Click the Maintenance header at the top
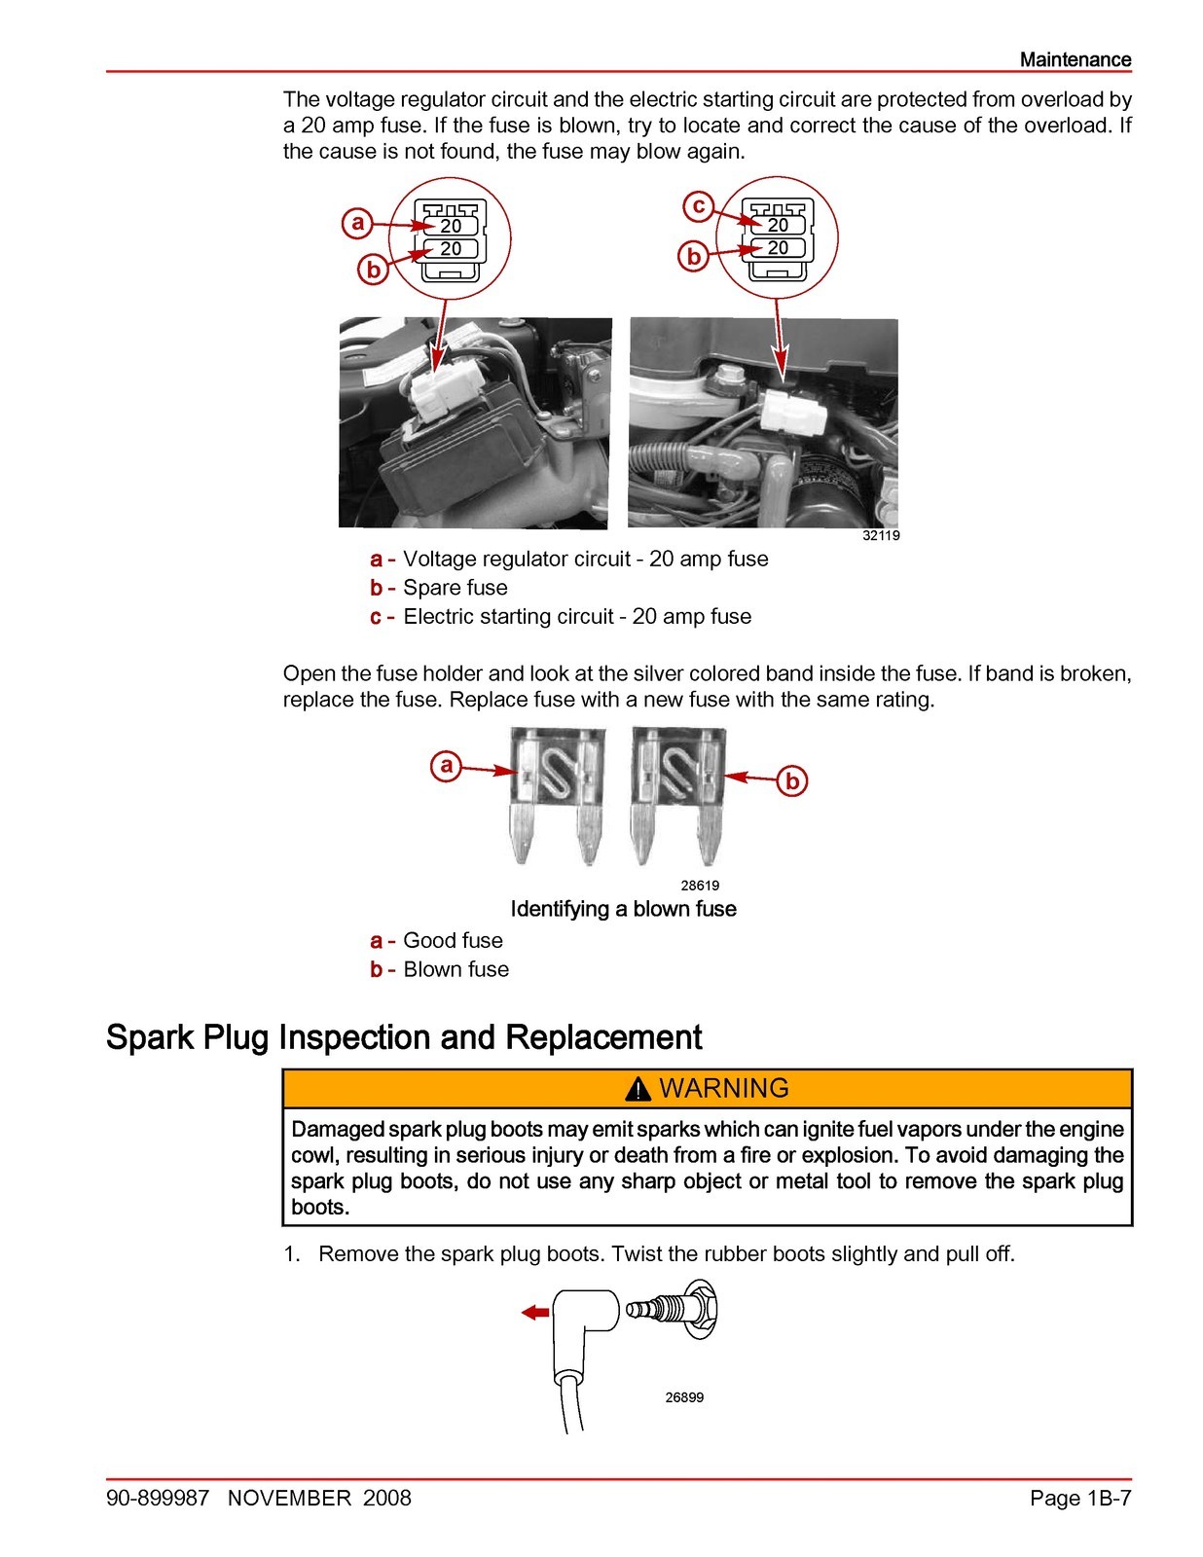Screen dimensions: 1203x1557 pyautogui.click(x=1075, y=59)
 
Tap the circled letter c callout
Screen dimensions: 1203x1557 pyautogui.click(x=697, y=206)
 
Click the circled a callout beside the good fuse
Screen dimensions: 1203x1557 pyautogui.click(x=446, y=766)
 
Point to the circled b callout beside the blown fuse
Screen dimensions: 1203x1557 pyautogui.click(x=791, y=780)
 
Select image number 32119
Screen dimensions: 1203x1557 pyautogui.click(x=881, y=535)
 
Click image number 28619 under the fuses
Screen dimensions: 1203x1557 pyautogui.click(x=699, y=885)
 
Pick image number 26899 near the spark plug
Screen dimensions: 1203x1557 pyautogui.click(x=684, y=1397)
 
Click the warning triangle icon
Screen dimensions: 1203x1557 pyautogui.click(x=638, y=1090)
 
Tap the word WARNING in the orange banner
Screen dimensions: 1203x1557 pyautogui.click(x=724, y=1088)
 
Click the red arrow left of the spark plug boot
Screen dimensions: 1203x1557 pyautogui.click(x=535, y=1313)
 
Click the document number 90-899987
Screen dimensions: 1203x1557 pyautogui.click(x=158, y=1498)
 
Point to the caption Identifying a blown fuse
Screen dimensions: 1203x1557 pyautogui.click(x=623, y=909)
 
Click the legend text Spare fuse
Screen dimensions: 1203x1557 pyautogui.click(x=455, y=588)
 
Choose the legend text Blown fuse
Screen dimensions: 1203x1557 pyautogui.click(x=456, y=969)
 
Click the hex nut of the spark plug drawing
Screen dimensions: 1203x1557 pyautogui.click(x=700, y=1311)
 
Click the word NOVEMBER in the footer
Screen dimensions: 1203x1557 pyautogui.click(x=289, y=1498)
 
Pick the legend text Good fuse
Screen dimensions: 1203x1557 pyautogui.click(x=453, y=940)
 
